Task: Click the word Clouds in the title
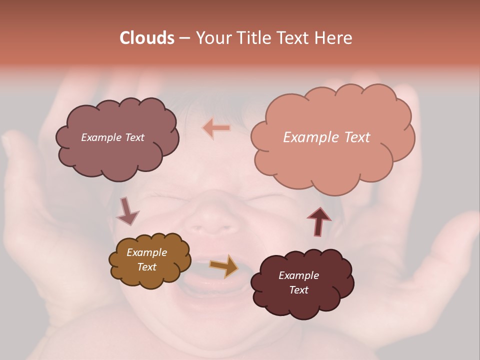[146, 38]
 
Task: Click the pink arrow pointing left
[216, 128]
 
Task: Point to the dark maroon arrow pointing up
[319, 221]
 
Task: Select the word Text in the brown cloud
[146, 267]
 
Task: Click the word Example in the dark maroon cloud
[298, 275]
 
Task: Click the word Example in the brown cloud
[146, 252]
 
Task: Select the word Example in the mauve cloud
[101, 137]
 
